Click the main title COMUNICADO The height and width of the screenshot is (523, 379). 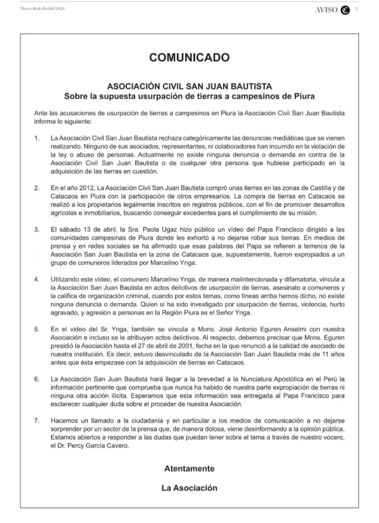tap(189, 58)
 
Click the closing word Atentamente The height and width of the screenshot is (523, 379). tap(189, 469)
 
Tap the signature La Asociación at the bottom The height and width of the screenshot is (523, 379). tap(189, 488)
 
